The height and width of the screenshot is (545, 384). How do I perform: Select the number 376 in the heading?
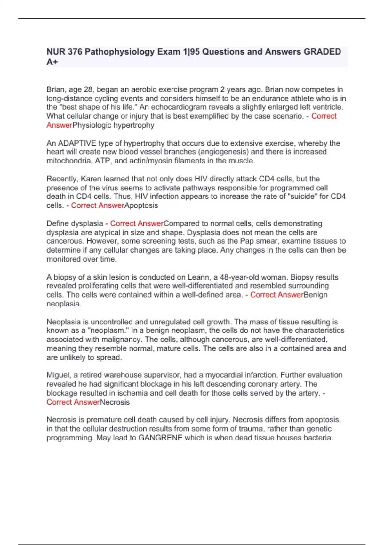point(75,52)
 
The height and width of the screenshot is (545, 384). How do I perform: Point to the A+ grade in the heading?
point(52,62)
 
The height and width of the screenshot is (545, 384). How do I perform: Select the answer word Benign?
point(316,295)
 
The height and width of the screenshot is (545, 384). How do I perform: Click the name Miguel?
point(58,375)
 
